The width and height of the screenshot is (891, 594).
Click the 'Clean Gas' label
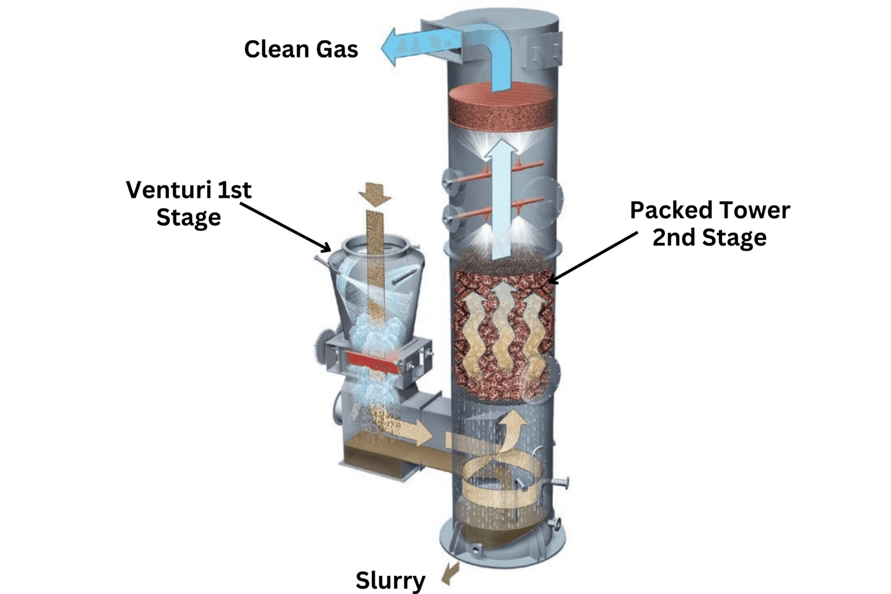point(300,49)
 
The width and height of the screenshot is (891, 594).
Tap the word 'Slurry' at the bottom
point(390,579)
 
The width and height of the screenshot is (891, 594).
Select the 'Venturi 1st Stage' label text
point(189,204)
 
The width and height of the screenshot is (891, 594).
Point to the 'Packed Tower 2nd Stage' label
point(709,223)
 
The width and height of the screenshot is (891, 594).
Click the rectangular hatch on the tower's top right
point(542,49)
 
